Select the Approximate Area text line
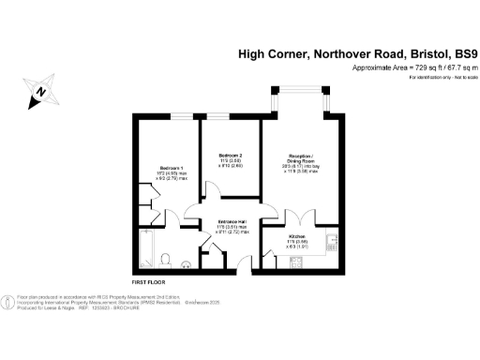tap(415, 67)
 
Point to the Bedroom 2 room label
tap(231, 155)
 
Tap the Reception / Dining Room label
tap(300, 159)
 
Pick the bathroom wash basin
tap(186, 263)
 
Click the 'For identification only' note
tap(440, 77)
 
